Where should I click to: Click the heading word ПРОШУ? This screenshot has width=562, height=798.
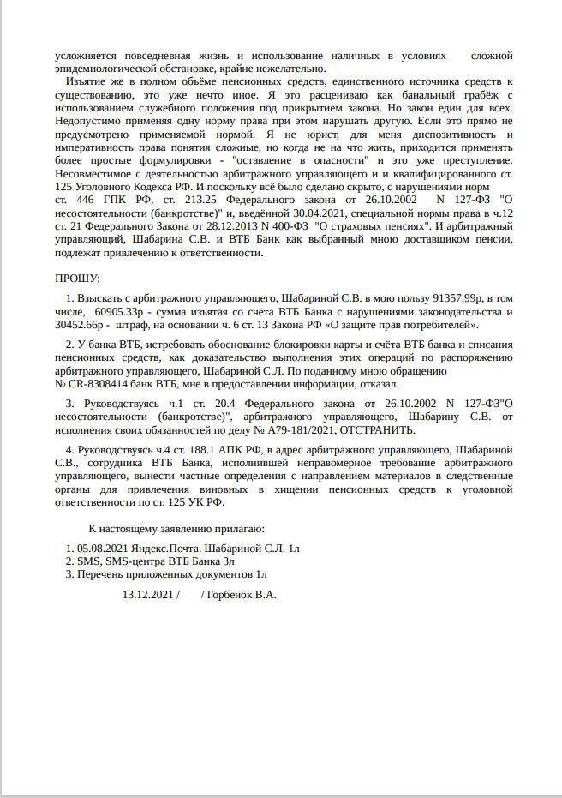point(78,279)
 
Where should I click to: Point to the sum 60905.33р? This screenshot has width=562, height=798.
point(119,312)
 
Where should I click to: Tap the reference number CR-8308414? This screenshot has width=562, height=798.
point(101,384)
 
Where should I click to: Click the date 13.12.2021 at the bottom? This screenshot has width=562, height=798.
point(147,593)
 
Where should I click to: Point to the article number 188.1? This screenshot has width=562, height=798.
point(185,448)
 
